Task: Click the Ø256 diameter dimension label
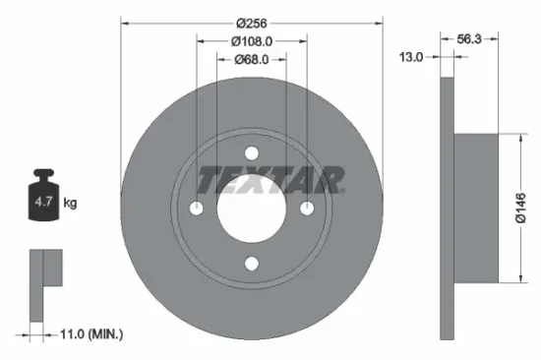[x=250, y=24]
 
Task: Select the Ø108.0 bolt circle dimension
[x=251, y=41]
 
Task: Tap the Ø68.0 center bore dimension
[x=251, y=59]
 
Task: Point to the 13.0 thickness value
[x=411, y=58]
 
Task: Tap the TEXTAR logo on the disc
[x=270, y=180]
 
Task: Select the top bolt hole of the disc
[x=251, y=152]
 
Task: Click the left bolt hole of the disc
[x=196, y=208]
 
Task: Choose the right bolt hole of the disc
[x=306, y=208]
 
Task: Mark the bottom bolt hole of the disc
[x=251, y=263]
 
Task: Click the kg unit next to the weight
[x=71, y=204]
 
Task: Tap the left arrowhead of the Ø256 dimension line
[x=125, y=24]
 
